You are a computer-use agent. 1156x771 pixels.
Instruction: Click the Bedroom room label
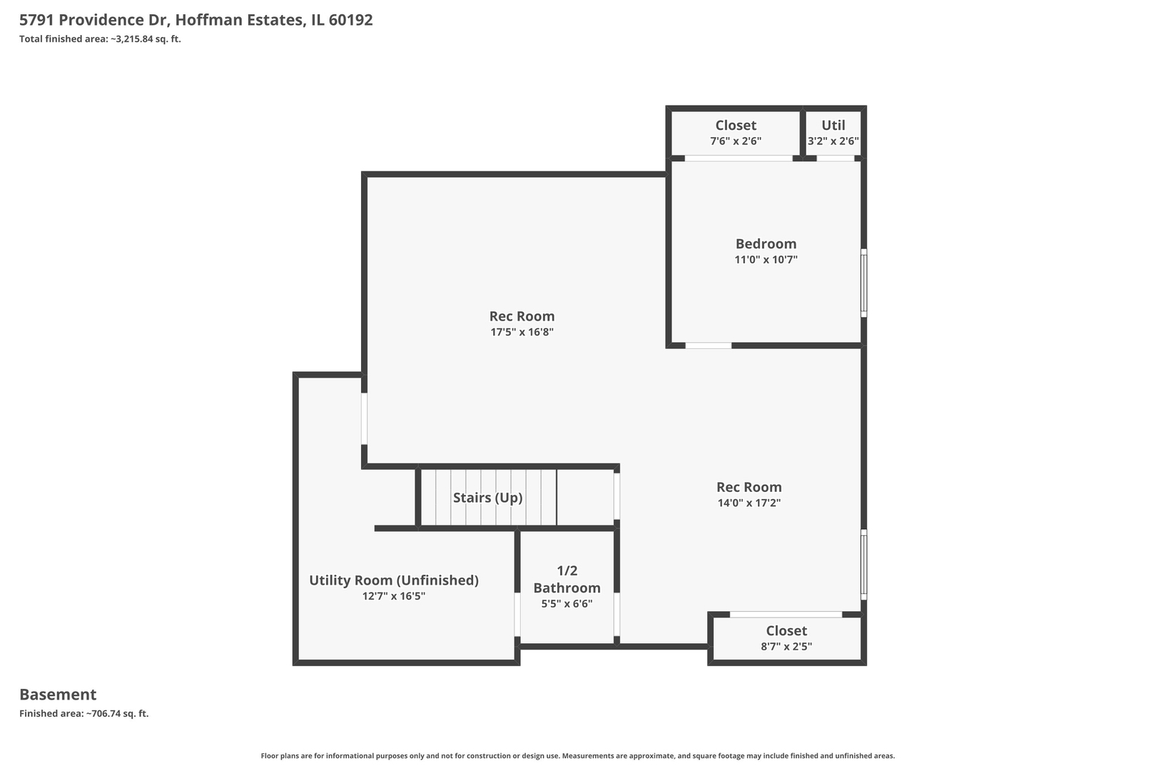(x=766, y=243)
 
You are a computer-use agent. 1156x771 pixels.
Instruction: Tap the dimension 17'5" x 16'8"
(x=522, y=332)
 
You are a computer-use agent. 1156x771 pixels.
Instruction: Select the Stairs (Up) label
(x=487, y=498)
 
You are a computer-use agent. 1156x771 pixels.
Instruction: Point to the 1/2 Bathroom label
(x=567, y=580)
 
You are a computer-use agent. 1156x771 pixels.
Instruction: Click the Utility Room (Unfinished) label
(x=394, y=580)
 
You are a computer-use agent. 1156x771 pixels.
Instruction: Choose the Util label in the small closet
(x=833, y=125)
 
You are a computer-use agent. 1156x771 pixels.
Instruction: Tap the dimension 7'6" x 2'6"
(x=736, y=141)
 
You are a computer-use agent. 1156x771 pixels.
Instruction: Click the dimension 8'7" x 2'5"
(x=786, y=647)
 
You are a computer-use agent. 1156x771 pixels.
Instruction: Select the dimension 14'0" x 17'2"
(x=749, y=503)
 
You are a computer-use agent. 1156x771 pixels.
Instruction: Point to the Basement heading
(x=58, y=695)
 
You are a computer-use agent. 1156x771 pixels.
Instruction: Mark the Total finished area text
(x=100, y=39)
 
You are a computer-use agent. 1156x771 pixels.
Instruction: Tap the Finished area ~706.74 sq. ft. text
(x=84, y=714)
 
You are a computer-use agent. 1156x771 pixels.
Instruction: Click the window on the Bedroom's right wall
(x=864, y=283)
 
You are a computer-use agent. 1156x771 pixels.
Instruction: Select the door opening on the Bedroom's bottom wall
(x=708, y=346)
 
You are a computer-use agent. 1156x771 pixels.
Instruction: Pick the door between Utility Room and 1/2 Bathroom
(x=517, y=615)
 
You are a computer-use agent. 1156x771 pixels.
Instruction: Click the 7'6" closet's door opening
(x=739, y=158)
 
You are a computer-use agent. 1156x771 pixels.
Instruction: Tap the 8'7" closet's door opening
(x=786, y=615)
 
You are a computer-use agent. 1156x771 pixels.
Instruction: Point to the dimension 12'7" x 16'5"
(x=394, y=596)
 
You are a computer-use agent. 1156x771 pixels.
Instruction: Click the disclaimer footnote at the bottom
(x=577, y=756)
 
